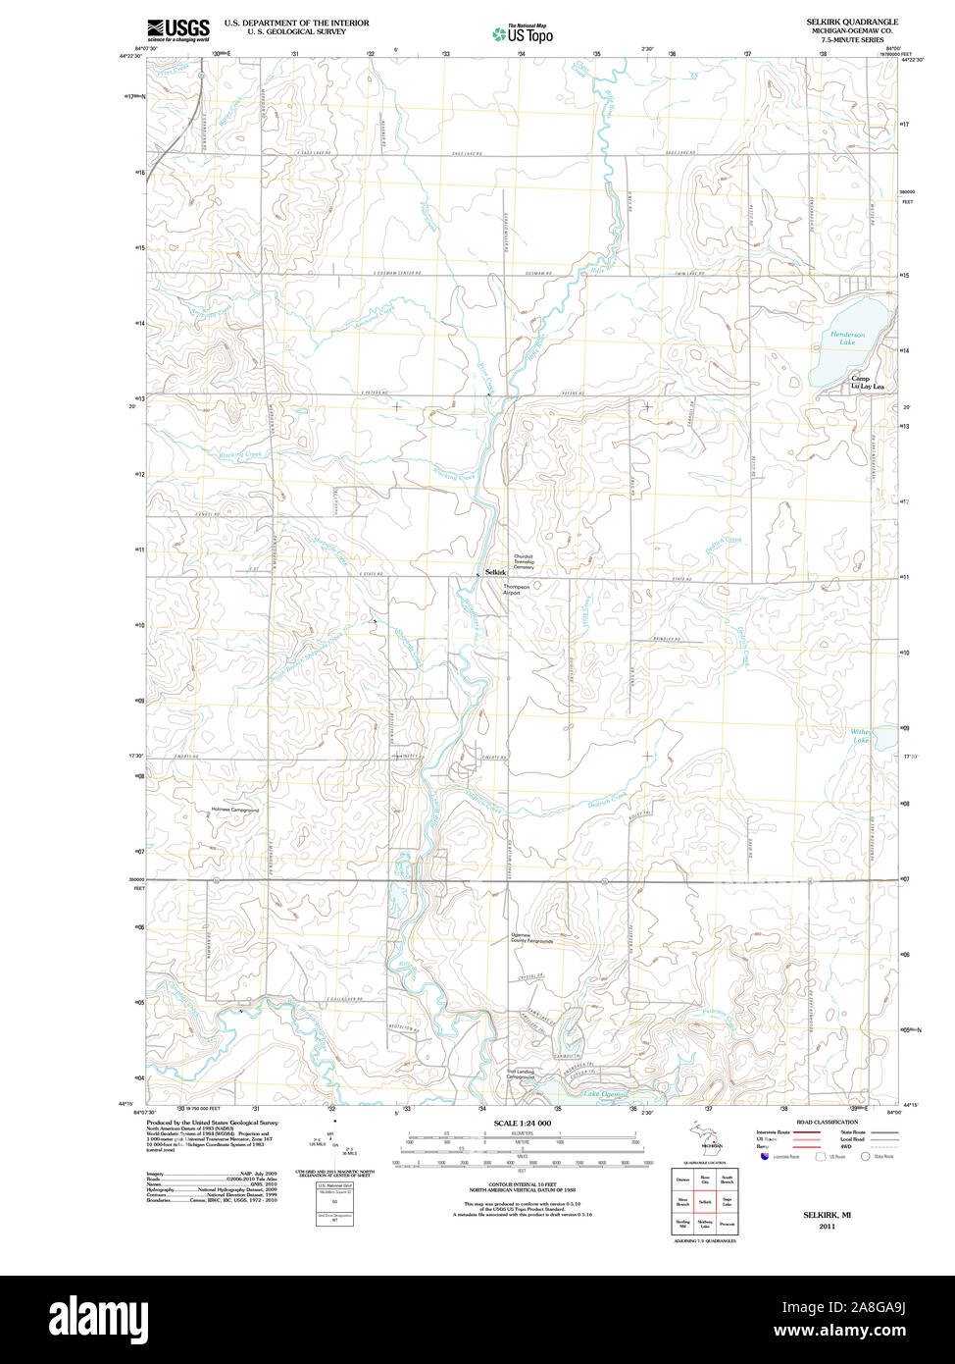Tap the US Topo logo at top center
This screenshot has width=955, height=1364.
[523, 33]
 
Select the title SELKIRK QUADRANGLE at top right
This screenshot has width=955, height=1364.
[851, 22]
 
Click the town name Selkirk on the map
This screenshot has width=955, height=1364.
[495, 572]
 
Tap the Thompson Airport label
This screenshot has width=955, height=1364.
[516, 590]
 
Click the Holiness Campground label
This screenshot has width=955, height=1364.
[235, 810]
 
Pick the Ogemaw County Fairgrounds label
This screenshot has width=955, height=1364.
[530, 938]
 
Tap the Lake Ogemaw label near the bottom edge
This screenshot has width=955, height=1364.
[605, 1094]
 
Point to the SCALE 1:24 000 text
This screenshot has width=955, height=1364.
[523, 1123]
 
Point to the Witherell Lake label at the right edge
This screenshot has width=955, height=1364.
[860, 735]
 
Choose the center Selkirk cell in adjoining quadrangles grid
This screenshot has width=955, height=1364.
[704, 1201]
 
